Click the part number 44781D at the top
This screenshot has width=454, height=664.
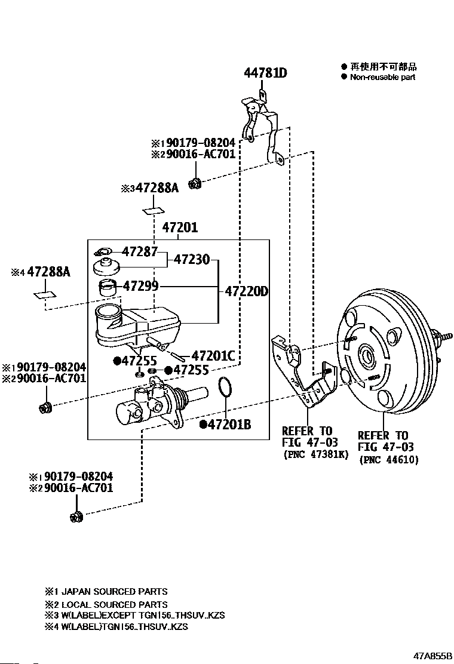pos(265,73)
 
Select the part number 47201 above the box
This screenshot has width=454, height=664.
pos(179,228)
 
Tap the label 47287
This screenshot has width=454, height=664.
pos(140,251)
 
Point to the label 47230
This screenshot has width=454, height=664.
pos(192,259)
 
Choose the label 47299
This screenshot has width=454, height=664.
pos(140,286)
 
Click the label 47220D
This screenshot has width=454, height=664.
pos(246,292)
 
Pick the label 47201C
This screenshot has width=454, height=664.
pos(213,356)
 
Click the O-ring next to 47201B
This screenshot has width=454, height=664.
pos(225,388)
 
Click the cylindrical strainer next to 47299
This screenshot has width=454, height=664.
pos(107,287)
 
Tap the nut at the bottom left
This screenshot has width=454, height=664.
pos(75,517)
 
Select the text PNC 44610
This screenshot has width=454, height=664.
pos(389,460)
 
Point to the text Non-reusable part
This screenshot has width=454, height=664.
pos(382,77)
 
